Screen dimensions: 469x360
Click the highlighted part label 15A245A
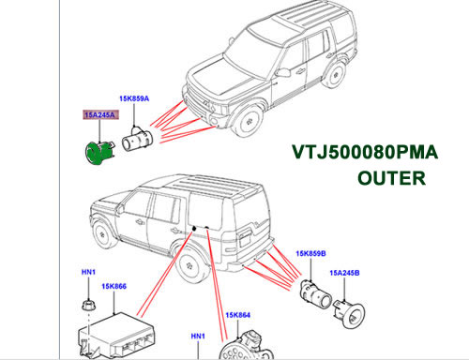(x=99, y=115)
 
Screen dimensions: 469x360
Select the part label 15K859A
(x=134, y=98)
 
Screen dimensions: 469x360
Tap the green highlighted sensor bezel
(x=98, y=153)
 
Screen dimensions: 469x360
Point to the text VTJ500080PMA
(x=365, y=153)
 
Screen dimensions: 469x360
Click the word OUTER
(x=391, y=178)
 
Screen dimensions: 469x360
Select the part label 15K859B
(x=310, y=253)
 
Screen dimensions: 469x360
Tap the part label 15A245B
(x=344, y=273)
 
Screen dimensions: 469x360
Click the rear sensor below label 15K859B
(x=315, y=292)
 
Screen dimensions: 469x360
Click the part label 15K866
(x=113, y=286)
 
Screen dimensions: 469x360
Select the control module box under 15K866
(x=115, y=335)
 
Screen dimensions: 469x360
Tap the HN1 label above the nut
(x=88, y=272)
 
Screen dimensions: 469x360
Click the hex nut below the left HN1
(x=88, y=305)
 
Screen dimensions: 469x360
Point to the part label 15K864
(x=238, y=315)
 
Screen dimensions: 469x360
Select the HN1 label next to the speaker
(x=198, y=337)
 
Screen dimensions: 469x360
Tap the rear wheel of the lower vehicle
(x=190, y=265)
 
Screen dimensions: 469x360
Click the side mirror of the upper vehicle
(x=282, y=72)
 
